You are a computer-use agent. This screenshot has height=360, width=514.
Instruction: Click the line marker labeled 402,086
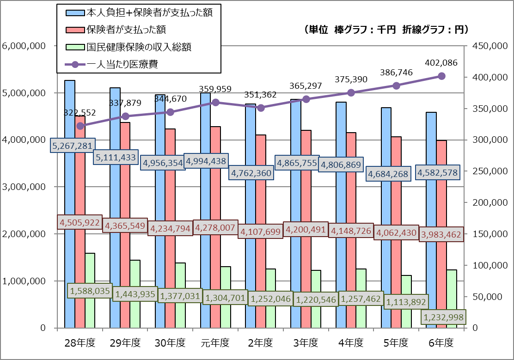[x=441, y=76]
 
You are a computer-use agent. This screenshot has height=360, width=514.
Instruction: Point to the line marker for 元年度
[x=215, y=102]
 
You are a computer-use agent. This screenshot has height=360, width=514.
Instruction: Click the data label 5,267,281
[x=73, y=146]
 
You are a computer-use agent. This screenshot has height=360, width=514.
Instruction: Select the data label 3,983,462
[x=441, y=234]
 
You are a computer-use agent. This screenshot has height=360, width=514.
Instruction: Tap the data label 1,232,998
[x=443, y=317]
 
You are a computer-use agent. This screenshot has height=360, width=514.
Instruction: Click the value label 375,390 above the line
[x=351, y=79]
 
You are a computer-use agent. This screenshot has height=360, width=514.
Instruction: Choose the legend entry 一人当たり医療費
[x=122, y=64]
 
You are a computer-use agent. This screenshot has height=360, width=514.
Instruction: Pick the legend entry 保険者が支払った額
[x=126, y=30]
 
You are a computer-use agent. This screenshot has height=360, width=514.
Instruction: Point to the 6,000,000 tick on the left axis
[x=24, y=46]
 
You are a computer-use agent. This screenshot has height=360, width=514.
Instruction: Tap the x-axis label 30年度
[x=170, y=343]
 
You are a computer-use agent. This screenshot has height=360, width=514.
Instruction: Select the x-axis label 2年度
[x=261, y=343]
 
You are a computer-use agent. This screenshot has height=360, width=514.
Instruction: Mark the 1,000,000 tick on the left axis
[x=24, y=281]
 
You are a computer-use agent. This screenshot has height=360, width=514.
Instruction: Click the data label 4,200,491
[x=305, y=229]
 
